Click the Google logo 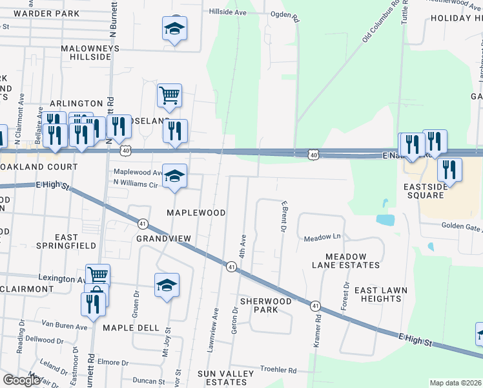tap(21, 380)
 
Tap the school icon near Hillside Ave tap(174, 29)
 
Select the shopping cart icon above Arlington tap(169, 96)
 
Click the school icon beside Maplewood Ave tap(174, 176)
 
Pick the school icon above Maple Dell tap(167, 285)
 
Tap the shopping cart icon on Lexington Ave tap(98, 275)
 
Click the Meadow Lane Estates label tap(345, 261)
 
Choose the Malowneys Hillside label tap(86, 52)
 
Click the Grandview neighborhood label tap(164, 239)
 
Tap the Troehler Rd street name tap(278, 371)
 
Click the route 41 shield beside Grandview tap(142, 223)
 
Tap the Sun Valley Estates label tap(222, 378)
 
